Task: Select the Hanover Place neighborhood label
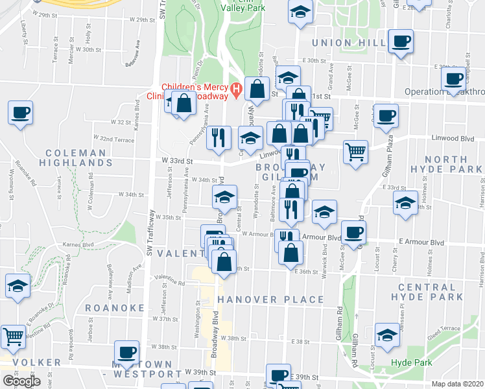(270, 299)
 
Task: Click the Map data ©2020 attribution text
(458, 384)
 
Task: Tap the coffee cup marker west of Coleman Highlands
(21, 113)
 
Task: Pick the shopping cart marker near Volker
(14, 336)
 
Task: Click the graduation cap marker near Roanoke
(18, 285)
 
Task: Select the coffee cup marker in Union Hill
(401, 41)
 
